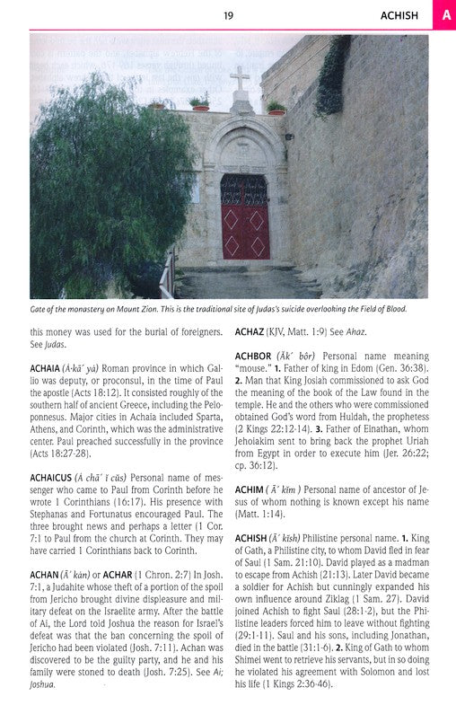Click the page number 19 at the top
coord(228,14)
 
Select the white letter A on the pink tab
coord(445,14)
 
